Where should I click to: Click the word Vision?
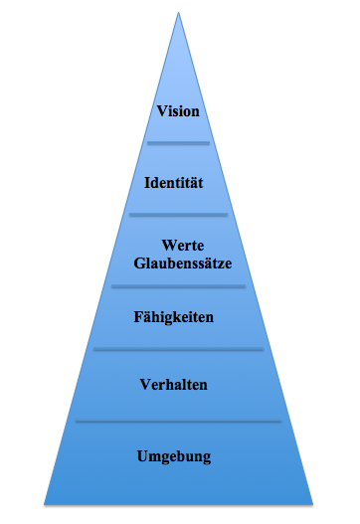pyautogui.click(x=178, y=111)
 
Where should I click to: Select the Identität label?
pyautogui.click(x=173, y=183)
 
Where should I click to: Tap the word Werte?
pyautogui.click(x=183, y=246)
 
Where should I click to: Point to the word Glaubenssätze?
pyautogui.click(x=183, y=263)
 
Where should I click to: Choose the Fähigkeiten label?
pyautogui.click(x=173, y=317)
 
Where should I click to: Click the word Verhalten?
pyautogui.click(x=173, y=385)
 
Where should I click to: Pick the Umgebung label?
pyautogui.click(x=174, y=456)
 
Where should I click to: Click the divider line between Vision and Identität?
pyautogui.click(x=178, y=143)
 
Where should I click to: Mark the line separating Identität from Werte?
pyautogui.click(x=178, y=215)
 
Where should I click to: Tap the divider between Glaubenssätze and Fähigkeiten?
pyautogui.click(x=178, y=286)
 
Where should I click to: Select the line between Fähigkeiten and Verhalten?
pyautogui.click(x=178, y=349)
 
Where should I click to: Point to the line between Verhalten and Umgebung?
pyautogui.click(x=178, y=421)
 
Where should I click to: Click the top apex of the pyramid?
pyautogui.click(x=178, y=12)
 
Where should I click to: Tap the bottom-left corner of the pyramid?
pyautogui.click(x=44, y=504)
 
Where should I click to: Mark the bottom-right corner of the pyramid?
pyautogui.click(x=313, y=504)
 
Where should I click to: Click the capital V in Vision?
pyautogui.click(x=162, y=111)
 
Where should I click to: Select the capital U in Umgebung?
pyautogui.click(x=143, y=456)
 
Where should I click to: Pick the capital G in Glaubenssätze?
pyautogui.click(x=139, y=263)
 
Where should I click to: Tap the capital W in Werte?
pyautogui.click(x=169, y=246)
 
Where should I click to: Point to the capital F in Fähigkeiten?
pyautogui.click(x=138, y=317)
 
